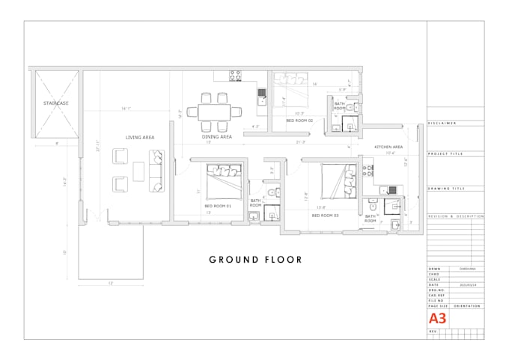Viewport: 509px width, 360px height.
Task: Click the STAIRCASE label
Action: (55, 103)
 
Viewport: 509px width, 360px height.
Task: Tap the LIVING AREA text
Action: (139, 138)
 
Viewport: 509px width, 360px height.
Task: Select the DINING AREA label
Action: (216, 137)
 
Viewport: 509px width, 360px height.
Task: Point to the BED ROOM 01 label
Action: (219, 206)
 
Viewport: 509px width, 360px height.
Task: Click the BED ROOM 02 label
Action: (299, 120)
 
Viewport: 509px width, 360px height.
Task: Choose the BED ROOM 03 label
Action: (325, 215)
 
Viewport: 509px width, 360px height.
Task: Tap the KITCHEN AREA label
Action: (388, 147)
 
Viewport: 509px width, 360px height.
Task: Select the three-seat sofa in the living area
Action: (157, 171)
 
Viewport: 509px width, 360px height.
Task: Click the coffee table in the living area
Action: (140, 171)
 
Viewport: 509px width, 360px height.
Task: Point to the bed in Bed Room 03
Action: (339, 180)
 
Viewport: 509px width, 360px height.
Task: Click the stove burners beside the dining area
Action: (234, 75)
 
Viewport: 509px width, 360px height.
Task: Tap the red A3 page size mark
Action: (438, 317)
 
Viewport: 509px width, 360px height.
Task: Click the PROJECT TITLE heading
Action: (445, 153)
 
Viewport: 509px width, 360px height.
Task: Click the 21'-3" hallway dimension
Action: (301, 142)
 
